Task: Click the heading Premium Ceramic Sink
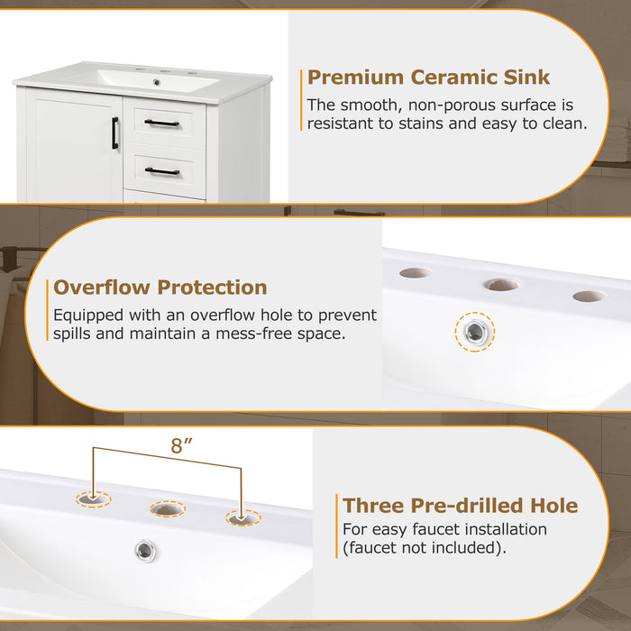pos(428,78)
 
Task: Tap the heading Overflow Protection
pos(160,288)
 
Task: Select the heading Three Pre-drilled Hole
pos(460,505)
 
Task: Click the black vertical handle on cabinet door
pos(115,133)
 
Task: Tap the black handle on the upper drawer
pos(162,123)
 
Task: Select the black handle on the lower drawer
pos(162,170)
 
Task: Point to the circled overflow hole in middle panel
pos(475,332)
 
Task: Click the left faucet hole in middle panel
pos(416,272)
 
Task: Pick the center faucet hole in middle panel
pos(501,285)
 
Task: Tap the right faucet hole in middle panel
pos(589,296)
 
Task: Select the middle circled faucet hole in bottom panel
pos(167,509)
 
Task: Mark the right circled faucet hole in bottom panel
pos(242,518)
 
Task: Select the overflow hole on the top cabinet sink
pos(157,82)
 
